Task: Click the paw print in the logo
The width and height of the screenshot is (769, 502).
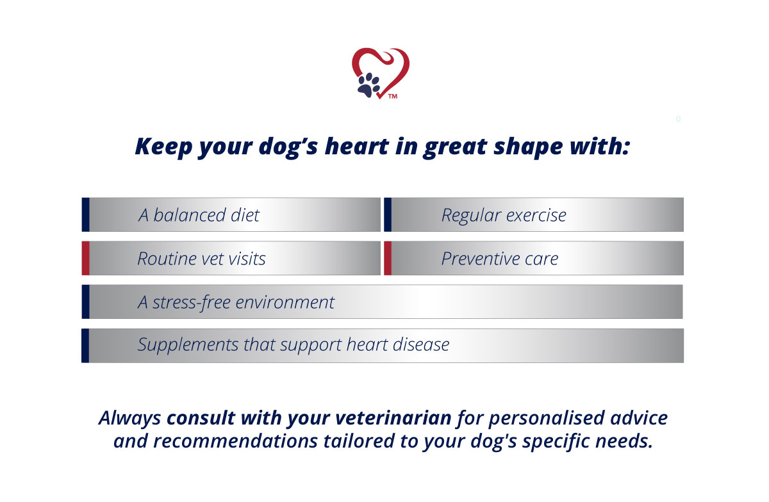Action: [368, 85]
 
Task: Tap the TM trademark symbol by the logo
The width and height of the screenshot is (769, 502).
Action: [393, 97]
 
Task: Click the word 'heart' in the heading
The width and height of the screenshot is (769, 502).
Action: [357, 147]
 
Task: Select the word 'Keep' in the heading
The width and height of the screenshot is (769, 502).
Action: [163, 147]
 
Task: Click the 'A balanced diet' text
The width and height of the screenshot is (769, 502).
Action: [199, 216]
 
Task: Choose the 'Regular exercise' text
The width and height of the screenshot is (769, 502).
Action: [504, 216]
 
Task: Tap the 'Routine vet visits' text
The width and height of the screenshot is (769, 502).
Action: [201, 259]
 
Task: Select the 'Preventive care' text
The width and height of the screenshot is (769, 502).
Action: [499, 259]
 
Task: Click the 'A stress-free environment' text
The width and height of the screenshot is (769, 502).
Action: [236, 303]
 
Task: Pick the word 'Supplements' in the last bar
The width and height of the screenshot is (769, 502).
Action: [188, 345]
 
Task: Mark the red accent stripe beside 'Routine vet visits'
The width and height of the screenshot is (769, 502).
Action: [85, 258]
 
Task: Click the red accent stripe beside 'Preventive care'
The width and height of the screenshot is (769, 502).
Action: [388, 258]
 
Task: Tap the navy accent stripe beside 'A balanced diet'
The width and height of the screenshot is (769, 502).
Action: [85, 215]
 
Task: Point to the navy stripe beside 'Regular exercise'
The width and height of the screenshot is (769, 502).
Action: [388, 215]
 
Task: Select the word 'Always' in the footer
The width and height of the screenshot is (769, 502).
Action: [129, 419]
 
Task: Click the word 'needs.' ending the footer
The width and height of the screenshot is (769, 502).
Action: [624, 441]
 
